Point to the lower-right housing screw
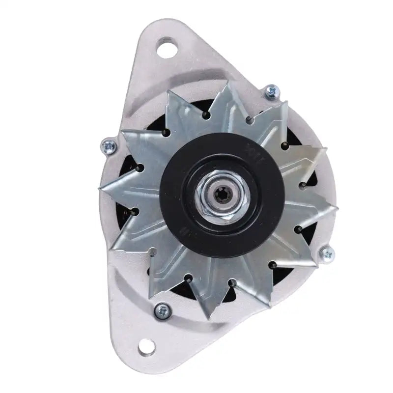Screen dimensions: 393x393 click(x=328, y=253)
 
